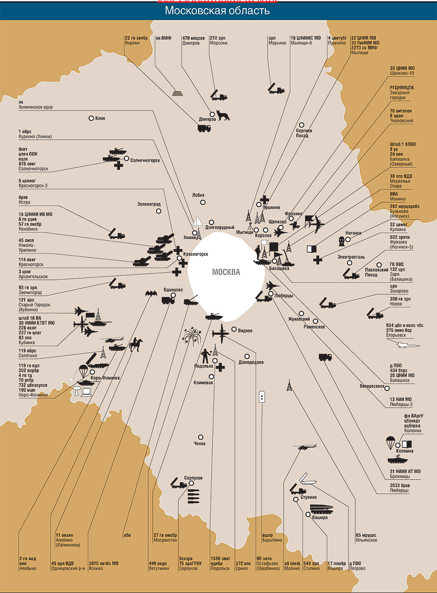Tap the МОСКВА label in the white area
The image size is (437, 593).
coord(226,272)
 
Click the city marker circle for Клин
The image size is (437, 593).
coord(91,118)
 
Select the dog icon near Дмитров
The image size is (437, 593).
coord(223,115)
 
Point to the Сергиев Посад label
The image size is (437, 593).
coord(304,133)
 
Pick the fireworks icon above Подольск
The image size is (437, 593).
coord(192,336)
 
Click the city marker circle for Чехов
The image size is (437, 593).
coord(200,437)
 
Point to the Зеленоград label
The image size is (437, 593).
coord(149,204)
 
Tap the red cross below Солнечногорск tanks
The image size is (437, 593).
coord(118,166)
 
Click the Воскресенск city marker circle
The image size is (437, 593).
coord(387,389)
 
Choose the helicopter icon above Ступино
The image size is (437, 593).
coord(304,447)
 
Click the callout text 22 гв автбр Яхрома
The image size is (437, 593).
coord(136,41)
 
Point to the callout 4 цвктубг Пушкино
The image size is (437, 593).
coord(337,41)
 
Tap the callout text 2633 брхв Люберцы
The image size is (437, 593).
coord(400,488)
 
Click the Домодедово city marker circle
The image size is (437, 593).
coord(247,356)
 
